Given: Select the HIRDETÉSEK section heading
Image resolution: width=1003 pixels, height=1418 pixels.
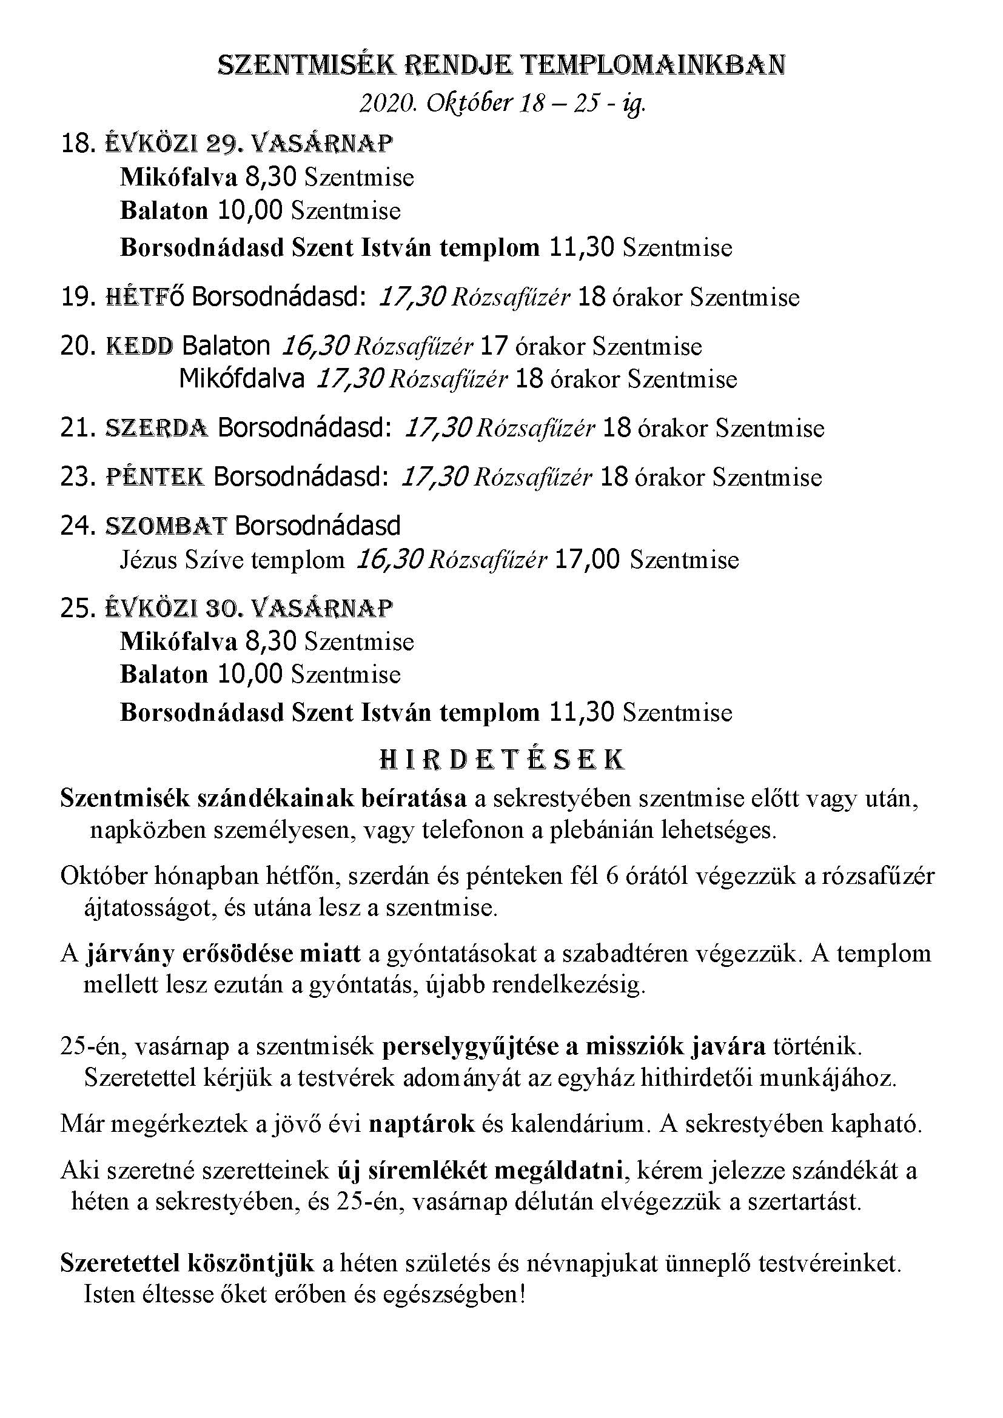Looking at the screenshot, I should [501, 760].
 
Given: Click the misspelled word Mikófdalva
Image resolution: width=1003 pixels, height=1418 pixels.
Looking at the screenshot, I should [241, 378].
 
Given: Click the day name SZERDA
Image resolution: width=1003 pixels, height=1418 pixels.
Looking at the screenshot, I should [157, 428].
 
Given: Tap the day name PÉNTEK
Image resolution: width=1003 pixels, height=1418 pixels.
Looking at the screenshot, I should [155, 477].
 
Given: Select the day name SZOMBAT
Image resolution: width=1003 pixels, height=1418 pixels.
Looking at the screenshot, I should [166, 526].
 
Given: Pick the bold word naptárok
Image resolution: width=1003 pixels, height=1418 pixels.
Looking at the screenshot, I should [421, 1124].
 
